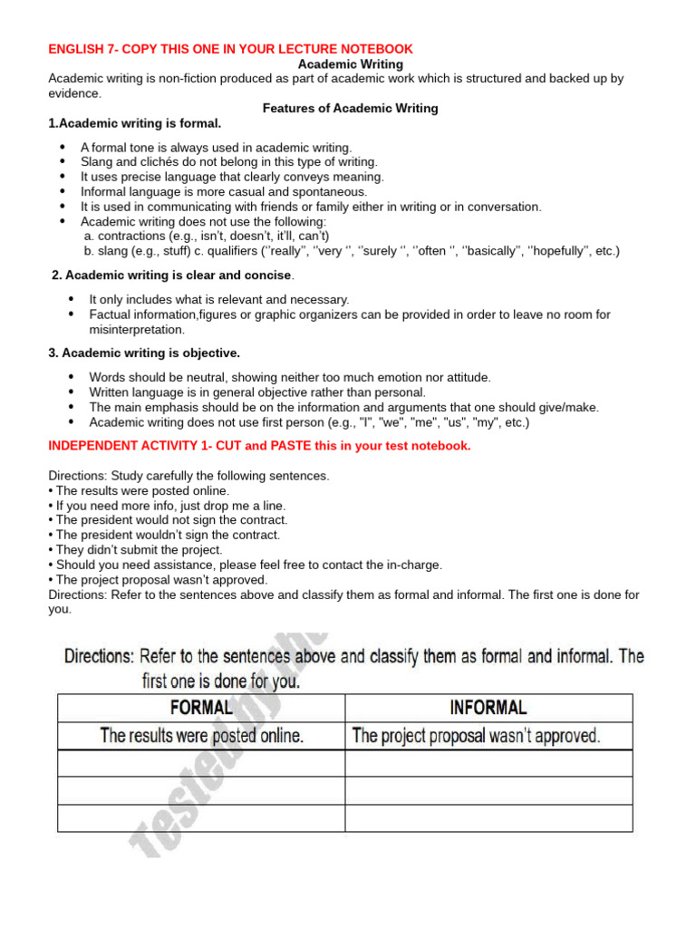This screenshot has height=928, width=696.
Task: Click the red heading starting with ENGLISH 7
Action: pyautogui.click(x=230, y=49)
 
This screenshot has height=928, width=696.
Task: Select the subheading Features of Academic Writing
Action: pyautogui.click(x=350, y=108)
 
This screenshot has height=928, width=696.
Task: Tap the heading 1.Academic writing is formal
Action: pyautogui.click(x=134, y=123)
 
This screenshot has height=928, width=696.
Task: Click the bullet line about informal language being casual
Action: pyautogui.click(x=224, y=191)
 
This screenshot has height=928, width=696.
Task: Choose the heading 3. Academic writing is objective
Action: pyautogui.click(x=144, y=353)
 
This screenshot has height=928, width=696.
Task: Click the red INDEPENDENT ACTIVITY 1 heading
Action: pyautogui.click(x=259, y=446)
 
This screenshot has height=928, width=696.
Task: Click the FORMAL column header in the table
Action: pyautogui.click(x=201, y=708)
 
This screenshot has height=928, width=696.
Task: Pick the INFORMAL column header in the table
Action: pyautogui.click(x=488, y=708)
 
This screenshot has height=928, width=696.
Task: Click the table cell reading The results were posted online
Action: pyautogui.click(x=201, y=736)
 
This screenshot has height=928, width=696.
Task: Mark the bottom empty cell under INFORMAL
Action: pyautogui.click(x=488, y=817)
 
